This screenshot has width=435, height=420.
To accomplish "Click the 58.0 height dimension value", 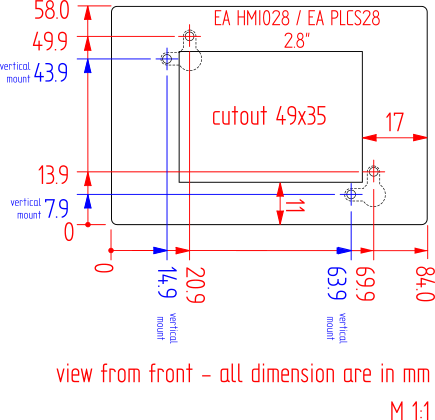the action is [52, 11].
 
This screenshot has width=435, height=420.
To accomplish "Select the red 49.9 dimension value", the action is [50, 42].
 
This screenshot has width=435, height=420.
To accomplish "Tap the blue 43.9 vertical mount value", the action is [51, 73].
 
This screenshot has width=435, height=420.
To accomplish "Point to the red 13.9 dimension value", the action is [53, 175].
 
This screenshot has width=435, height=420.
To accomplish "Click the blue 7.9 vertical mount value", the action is [56, 209].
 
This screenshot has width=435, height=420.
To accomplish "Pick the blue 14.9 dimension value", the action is [167, 282].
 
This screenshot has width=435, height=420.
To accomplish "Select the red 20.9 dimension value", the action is [195, 285].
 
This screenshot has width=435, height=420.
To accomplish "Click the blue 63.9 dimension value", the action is [337, 283].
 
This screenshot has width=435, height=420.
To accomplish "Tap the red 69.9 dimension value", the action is [365, 284].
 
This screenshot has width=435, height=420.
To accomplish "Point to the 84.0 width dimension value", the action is [425, 284].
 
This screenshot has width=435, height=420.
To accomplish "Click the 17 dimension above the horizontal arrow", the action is [395, 122].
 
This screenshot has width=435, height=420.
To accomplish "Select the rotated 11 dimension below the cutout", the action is [295, 206].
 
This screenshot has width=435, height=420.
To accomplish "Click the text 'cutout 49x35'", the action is [269, 116].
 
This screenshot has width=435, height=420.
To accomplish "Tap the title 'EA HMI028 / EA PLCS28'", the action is [297, 18].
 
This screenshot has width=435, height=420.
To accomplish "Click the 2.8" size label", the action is [297, 41].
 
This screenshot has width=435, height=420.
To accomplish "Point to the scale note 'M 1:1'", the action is [410, 411].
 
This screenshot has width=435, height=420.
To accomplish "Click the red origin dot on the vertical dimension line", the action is [88, 225].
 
